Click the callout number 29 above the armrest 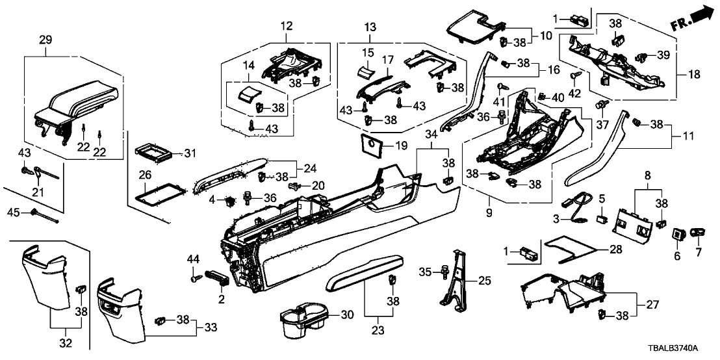click(x=45, y=40)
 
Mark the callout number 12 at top click(x=287, y=26)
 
